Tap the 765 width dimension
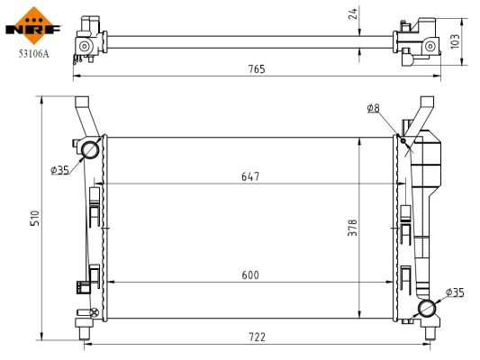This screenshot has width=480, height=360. coord(258,69)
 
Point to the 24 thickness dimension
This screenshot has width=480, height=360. coord(354,13)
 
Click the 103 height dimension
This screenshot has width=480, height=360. coord(455,41)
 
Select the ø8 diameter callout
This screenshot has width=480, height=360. coord(373,109)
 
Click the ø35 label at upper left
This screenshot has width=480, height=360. coord(59,169)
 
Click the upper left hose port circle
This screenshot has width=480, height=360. coord(90,148)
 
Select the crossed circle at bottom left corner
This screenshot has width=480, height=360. coord(93,312)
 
